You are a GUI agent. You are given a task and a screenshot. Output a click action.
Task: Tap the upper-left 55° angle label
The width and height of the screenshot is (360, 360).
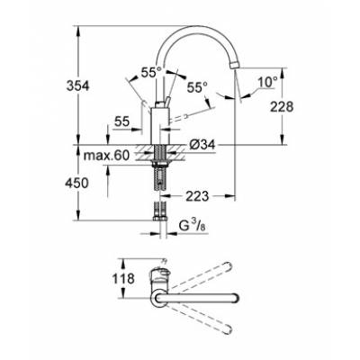[x=150, y=71]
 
